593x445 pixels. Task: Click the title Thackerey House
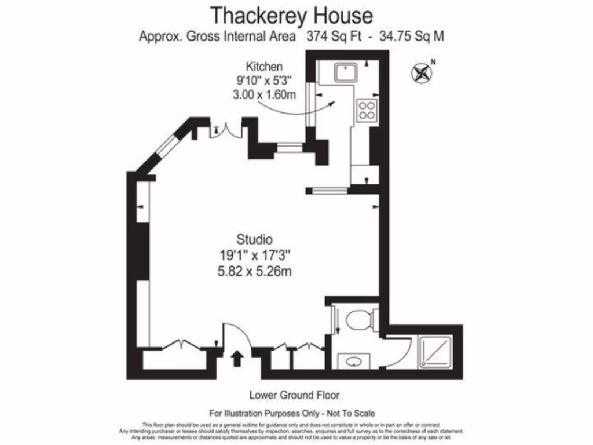(291, 14)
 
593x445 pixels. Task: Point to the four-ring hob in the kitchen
(367, 110)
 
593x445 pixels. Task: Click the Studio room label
(254, 238)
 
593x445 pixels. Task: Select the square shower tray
(438, 352)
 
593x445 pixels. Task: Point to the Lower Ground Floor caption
(294, 395)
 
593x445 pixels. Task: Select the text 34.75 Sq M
(412, 36)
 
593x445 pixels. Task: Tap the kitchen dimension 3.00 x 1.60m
(261, 95)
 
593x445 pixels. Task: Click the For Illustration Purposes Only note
(292, 413)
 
